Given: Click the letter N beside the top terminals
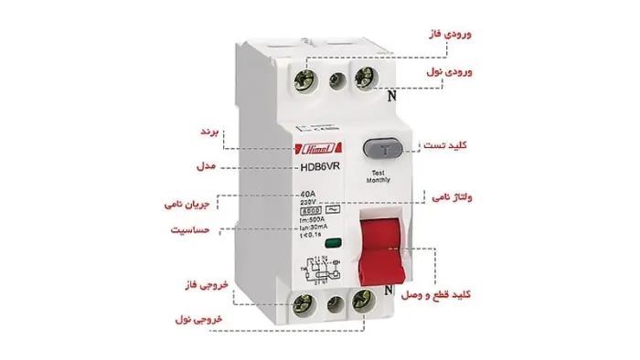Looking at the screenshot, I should [x=391, y=91].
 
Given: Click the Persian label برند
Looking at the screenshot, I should [x=210, y=132].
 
